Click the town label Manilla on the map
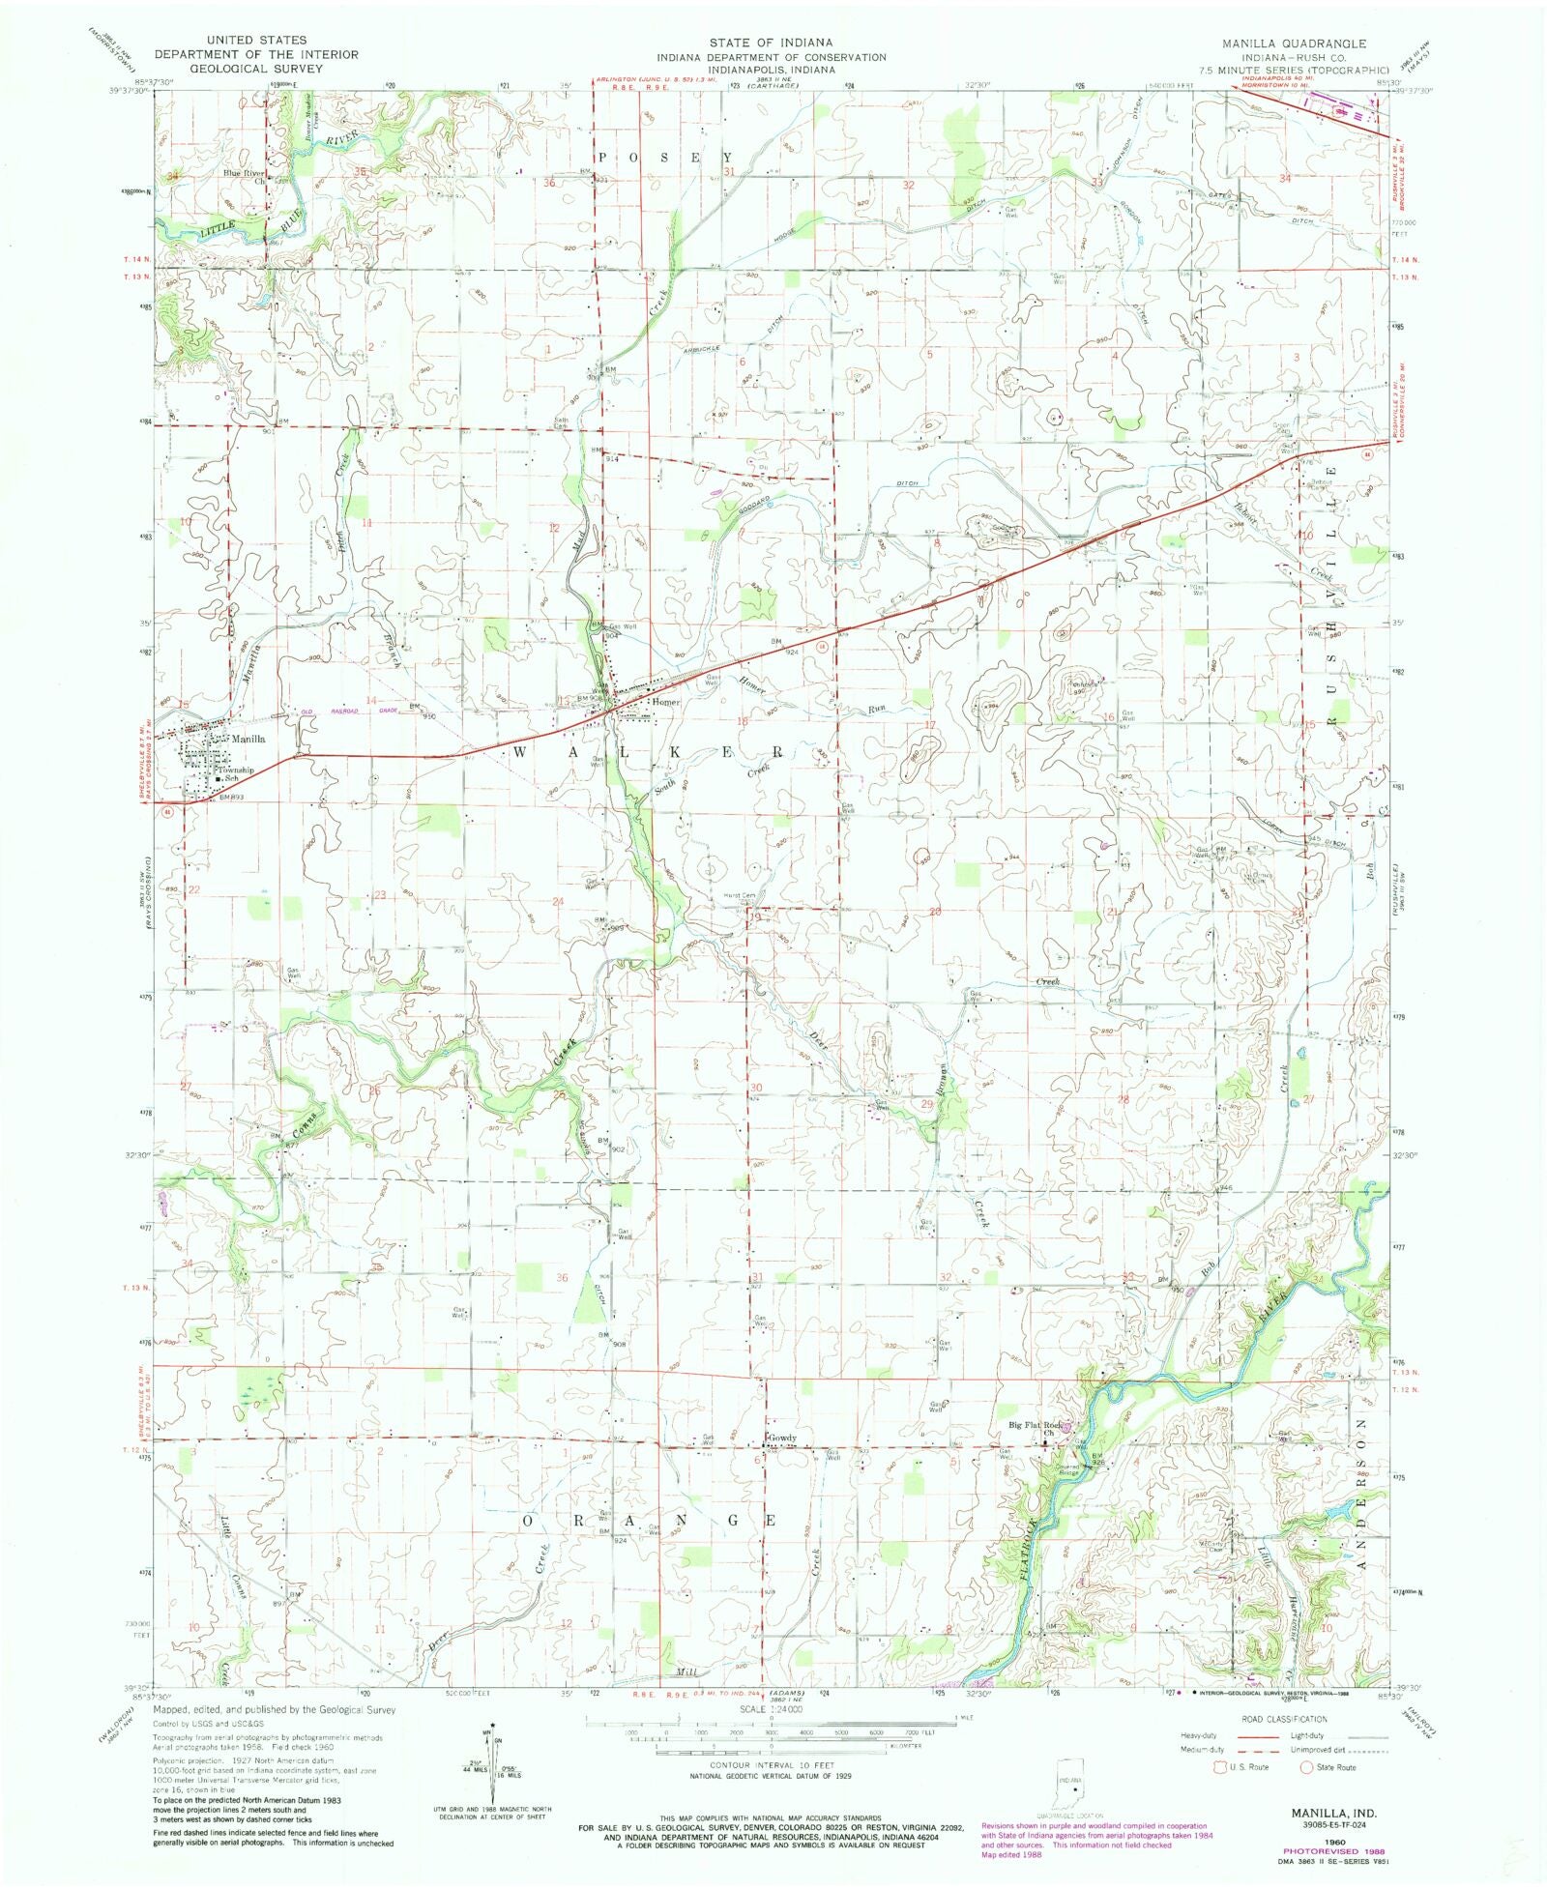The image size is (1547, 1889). pyautogui.click(x=248, y=739)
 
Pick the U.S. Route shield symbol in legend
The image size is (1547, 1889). pyautogui.click(x=1220, y=1767)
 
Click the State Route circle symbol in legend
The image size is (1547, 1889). pyautogui.click(x=1305, y=1767)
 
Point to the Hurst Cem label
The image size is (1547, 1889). pyautogui.click(x=739, y=895)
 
